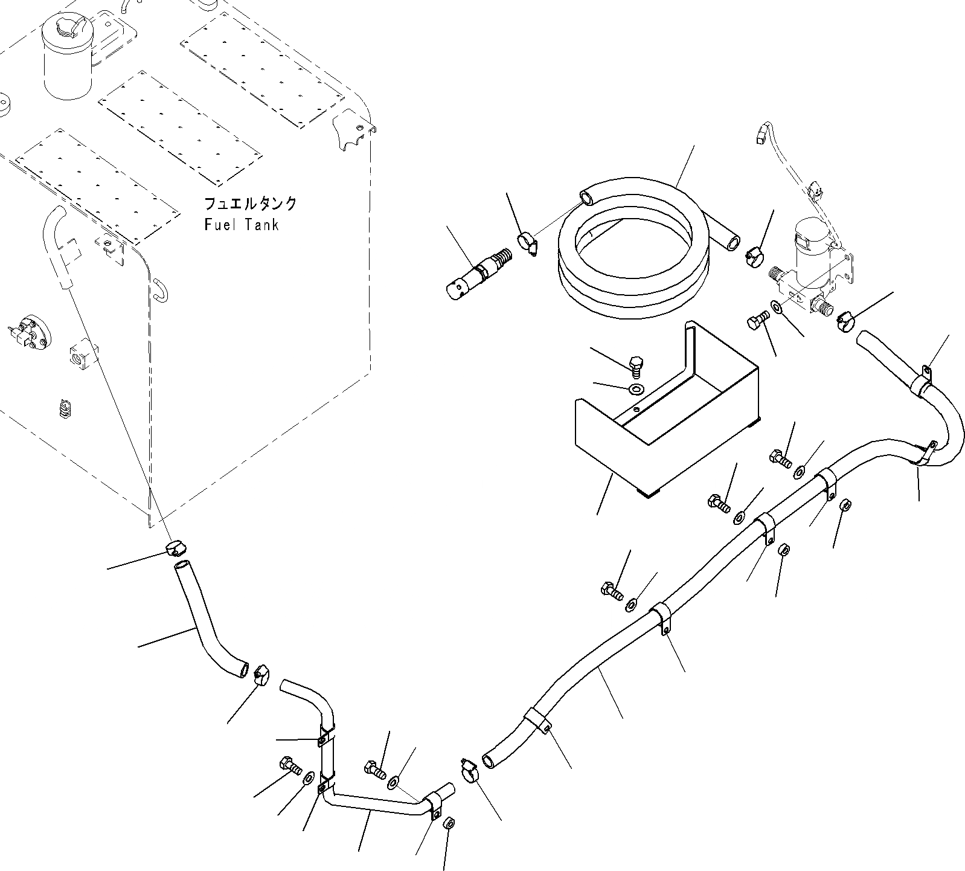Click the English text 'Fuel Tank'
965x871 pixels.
242,225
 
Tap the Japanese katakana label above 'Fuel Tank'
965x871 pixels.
250,204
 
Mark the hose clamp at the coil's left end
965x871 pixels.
528,245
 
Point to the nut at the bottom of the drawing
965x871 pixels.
449,824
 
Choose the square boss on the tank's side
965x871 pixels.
82,355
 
